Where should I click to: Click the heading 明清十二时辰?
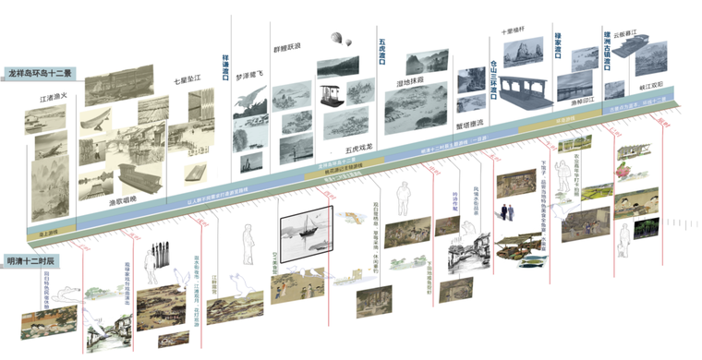point(30,261)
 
